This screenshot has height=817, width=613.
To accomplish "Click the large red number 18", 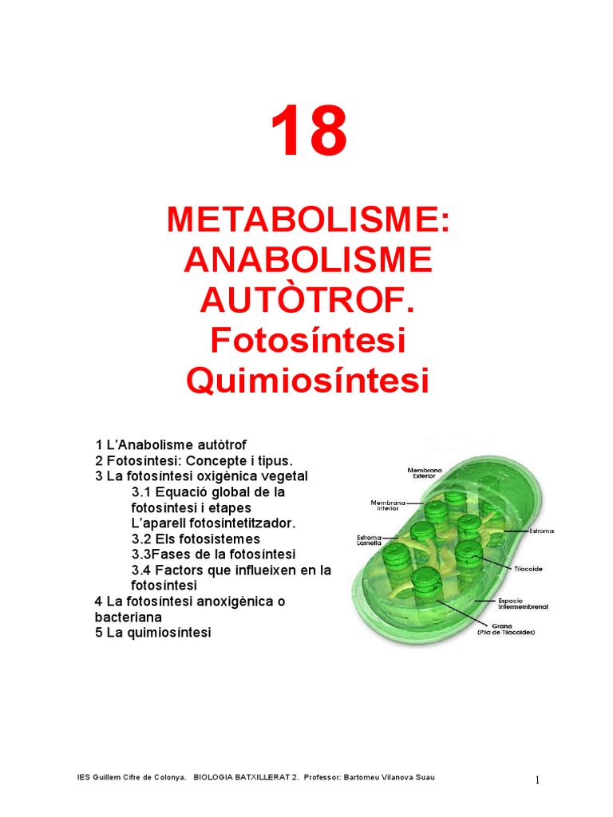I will click(308, 133).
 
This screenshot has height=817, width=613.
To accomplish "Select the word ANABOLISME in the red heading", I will click(308, 259).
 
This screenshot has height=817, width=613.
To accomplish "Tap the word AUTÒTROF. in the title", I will click(308, 300).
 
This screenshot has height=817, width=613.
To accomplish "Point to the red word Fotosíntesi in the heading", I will click(308, 341).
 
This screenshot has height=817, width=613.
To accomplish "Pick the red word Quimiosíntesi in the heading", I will click(308, 381).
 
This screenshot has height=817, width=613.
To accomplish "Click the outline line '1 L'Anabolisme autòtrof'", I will click(177, 444).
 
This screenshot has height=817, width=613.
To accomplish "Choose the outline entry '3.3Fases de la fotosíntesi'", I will click(213, 554).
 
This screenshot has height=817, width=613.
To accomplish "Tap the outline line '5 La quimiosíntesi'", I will click(153, 633).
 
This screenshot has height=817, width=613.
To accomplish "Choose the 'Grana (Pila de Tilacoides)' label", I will click(507, 629).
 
